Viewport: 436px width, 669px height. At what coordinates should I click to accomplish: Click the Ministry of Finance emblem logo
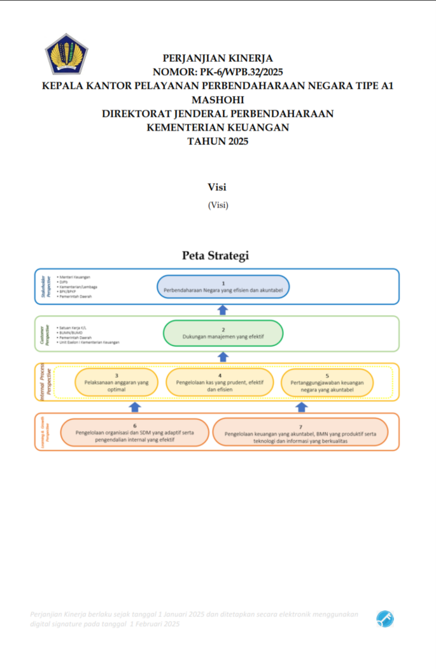(66, 54)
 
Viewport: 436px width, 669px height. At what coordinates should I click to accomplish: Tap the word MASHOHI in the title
(218, 99)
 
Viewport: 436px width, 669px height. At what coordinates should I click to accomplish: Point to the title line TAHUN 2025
(218, 141)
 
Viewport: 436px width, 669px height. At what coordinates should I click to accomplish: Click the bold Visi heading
(218, 187)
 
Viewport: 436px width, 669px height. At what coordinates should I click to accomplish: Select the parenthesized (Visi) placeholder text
(218, 205)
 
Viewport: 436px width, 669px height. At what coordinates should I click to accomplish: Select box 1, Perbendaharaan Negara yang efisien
(223, 287)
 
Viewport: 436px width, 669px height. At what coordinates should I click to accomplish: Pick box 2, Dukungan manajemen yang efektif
(223, 333)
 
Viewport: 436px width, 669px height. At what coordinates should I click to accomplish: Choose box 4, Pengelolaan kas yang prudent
(220, 383)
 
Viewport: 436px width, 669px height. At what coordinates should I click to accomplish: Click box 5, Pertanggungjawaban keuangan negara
(327, 383)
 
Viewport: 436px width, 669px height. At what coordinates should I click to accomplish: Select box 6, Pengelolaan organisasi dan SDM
(134, 433)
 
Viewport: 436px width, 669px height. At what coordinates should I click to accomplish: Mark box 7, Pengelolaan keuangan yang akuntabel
(300, 433)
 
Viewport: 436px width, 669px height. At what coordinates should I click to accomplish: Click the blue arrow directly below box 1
(223, 310)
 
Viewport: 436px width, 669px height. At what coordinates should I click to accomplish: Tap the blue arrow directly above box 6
(135, 407)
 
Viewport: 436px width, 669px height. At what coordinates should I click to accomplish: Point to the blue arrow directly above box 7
(302, 407)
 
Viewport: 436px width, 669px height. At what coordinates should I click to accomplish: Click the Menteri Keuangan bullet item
(75, 277)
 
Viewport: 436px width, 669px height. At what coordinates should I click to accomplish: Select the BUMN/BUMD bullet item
(71, 333)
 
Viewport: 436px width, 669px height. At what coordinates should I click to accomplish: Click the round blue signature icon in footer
(384, 618)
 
